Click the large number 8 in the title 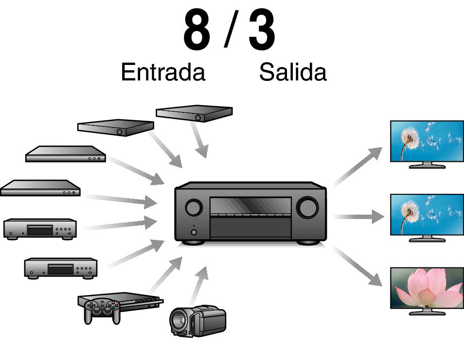tap(197, 30)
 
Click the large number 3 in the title tap(262, 30)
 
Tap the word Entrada tap(163, 72)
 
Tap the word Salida tap(293, 72)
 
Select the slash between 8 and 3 tap(231, 29)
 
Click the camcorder tap(198, 321)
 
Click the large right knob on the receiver tap(307, 207)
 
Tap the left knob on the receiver tap(194, 207)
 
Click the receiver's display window tap(250, 206)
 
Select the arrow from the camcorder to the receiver tap(198, 286)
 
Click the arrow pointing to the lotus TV tap(357, 266)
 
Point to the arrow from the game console tap(165, 275)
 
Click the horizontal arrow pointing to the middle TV tap(358, 217)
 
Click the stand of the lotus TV tap(427, 312)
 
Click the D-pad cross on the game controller tap(92, 306)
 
